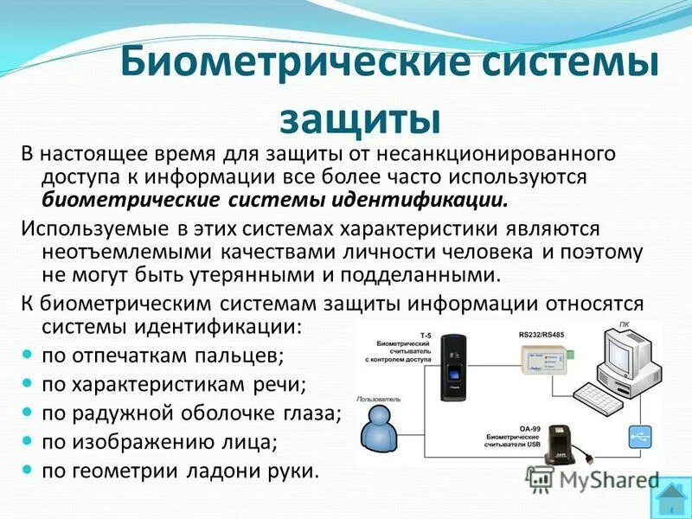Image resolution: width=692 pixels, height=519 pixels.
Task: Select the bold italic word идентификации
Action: (x=420, y=200)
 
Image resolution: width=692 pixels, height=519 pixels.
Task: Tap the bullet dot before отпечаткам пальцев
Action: (x=27, y=355)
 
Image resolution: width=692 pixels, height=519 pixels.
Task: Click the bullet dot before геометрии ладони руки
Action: (x=27, y=471)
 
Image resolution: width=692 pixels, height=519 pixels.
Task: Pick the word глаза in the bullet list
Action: (x=312, y=413)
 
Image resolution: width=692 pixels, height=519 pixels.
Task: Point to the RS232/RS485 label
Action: (x=541, y=333)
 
